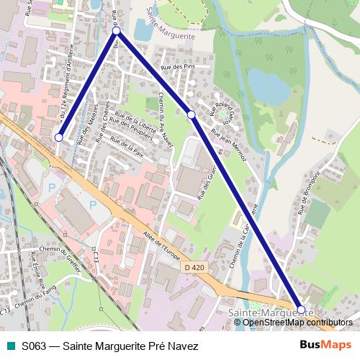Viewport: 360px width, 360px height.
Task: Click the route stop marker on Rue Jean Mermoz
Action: tap(191, 114)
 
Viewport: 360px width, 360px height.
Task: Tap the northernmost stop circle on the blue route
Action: tap(116, 32)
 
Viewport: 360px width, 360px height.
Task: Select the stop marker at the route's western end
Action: tap(59, 138)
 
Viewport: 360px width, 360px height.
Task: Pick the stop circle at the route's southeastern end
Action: tap(301, 310)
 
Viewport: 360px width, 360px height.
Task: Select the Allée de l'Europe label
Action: tap(161, 248)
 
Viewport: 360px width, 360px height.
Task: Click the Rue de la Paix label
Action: tap(127, 149)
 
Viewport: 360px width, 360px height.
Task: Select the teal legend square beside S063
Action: tap(9, 346)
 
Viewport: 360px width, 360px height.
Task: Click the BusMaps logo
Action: tap(325, 345)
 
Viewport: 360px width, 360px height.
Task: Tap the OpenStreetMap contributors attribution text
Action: tap(297, 322)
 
